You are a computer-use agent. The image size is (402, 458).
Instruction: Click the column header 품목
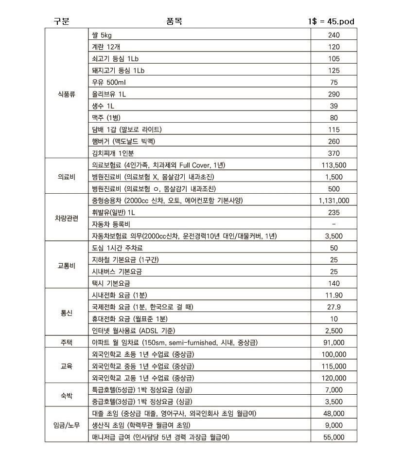coord(174,21)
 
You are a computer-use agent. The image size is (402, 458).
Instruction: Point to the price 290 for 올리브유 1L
coord(334,94)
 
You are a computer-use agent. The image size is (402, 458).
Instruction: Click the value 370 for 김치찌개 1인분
coord(334,153)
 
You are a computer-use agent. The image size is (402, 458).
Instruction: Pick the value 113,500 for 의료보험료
coord(334,165)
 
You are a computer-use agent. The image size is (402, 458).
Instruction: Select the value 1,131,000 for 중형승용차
coord(334,201)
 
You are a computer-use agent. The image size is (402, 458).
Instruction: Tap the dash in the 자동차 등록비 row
coord(334,224)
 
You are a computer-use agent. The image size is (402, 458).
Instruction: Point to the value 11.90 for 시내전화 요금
coord(334,295)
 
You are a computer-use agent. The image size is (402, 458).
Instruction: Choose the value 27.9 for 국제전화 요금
coord(334,307)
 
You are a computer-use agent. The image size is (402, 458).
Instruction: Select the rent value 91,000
coord(334,343)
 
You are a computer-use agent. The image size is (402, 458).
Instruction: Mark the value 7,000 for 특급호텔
coord(334,390)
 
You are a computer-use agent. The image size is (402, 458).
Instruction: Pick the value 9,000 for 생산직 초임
coord(334,425)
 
